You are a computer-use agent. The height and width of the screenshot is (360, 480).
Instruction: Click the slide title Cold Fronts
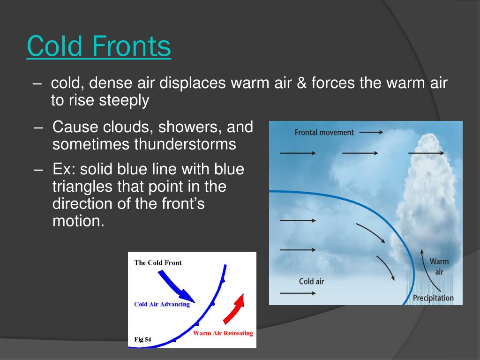point(99,46)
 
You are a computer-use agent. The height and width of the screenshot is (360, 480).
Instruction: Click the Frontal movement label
point(324,132)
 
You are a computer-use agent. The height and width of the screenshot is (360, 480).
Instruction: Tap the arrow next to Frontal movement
point(371,132)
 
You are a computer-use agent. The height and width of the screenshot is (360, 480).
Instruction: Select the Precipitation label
point(433,298)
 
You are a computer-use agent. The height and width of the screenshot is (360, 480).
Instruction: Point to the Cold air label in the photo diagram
point(311,281)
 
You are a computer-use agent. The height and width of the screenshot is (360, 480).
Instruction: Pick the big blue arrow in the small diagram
point(176,286)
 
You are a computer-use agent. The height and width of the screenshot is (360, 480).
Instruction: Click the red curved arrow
point(234,308)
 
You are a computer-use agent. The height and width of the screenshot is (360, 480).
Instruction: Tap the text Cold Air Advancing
point(162,304)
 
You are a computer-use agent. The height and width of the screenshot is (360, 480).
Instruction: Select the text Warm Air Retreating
point(223,333)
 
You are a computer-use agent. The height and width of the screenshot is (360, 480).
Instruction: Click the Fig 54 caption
point(142,339)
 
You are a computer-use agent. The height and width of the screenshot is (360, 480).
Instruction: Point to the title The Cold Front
point(158,262)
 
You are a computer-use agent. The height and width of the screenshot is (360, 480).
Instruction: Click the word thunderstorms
point(185,144)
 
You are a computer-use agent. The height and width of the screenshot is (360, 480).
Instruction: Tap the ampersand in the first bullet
point(301,83)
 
